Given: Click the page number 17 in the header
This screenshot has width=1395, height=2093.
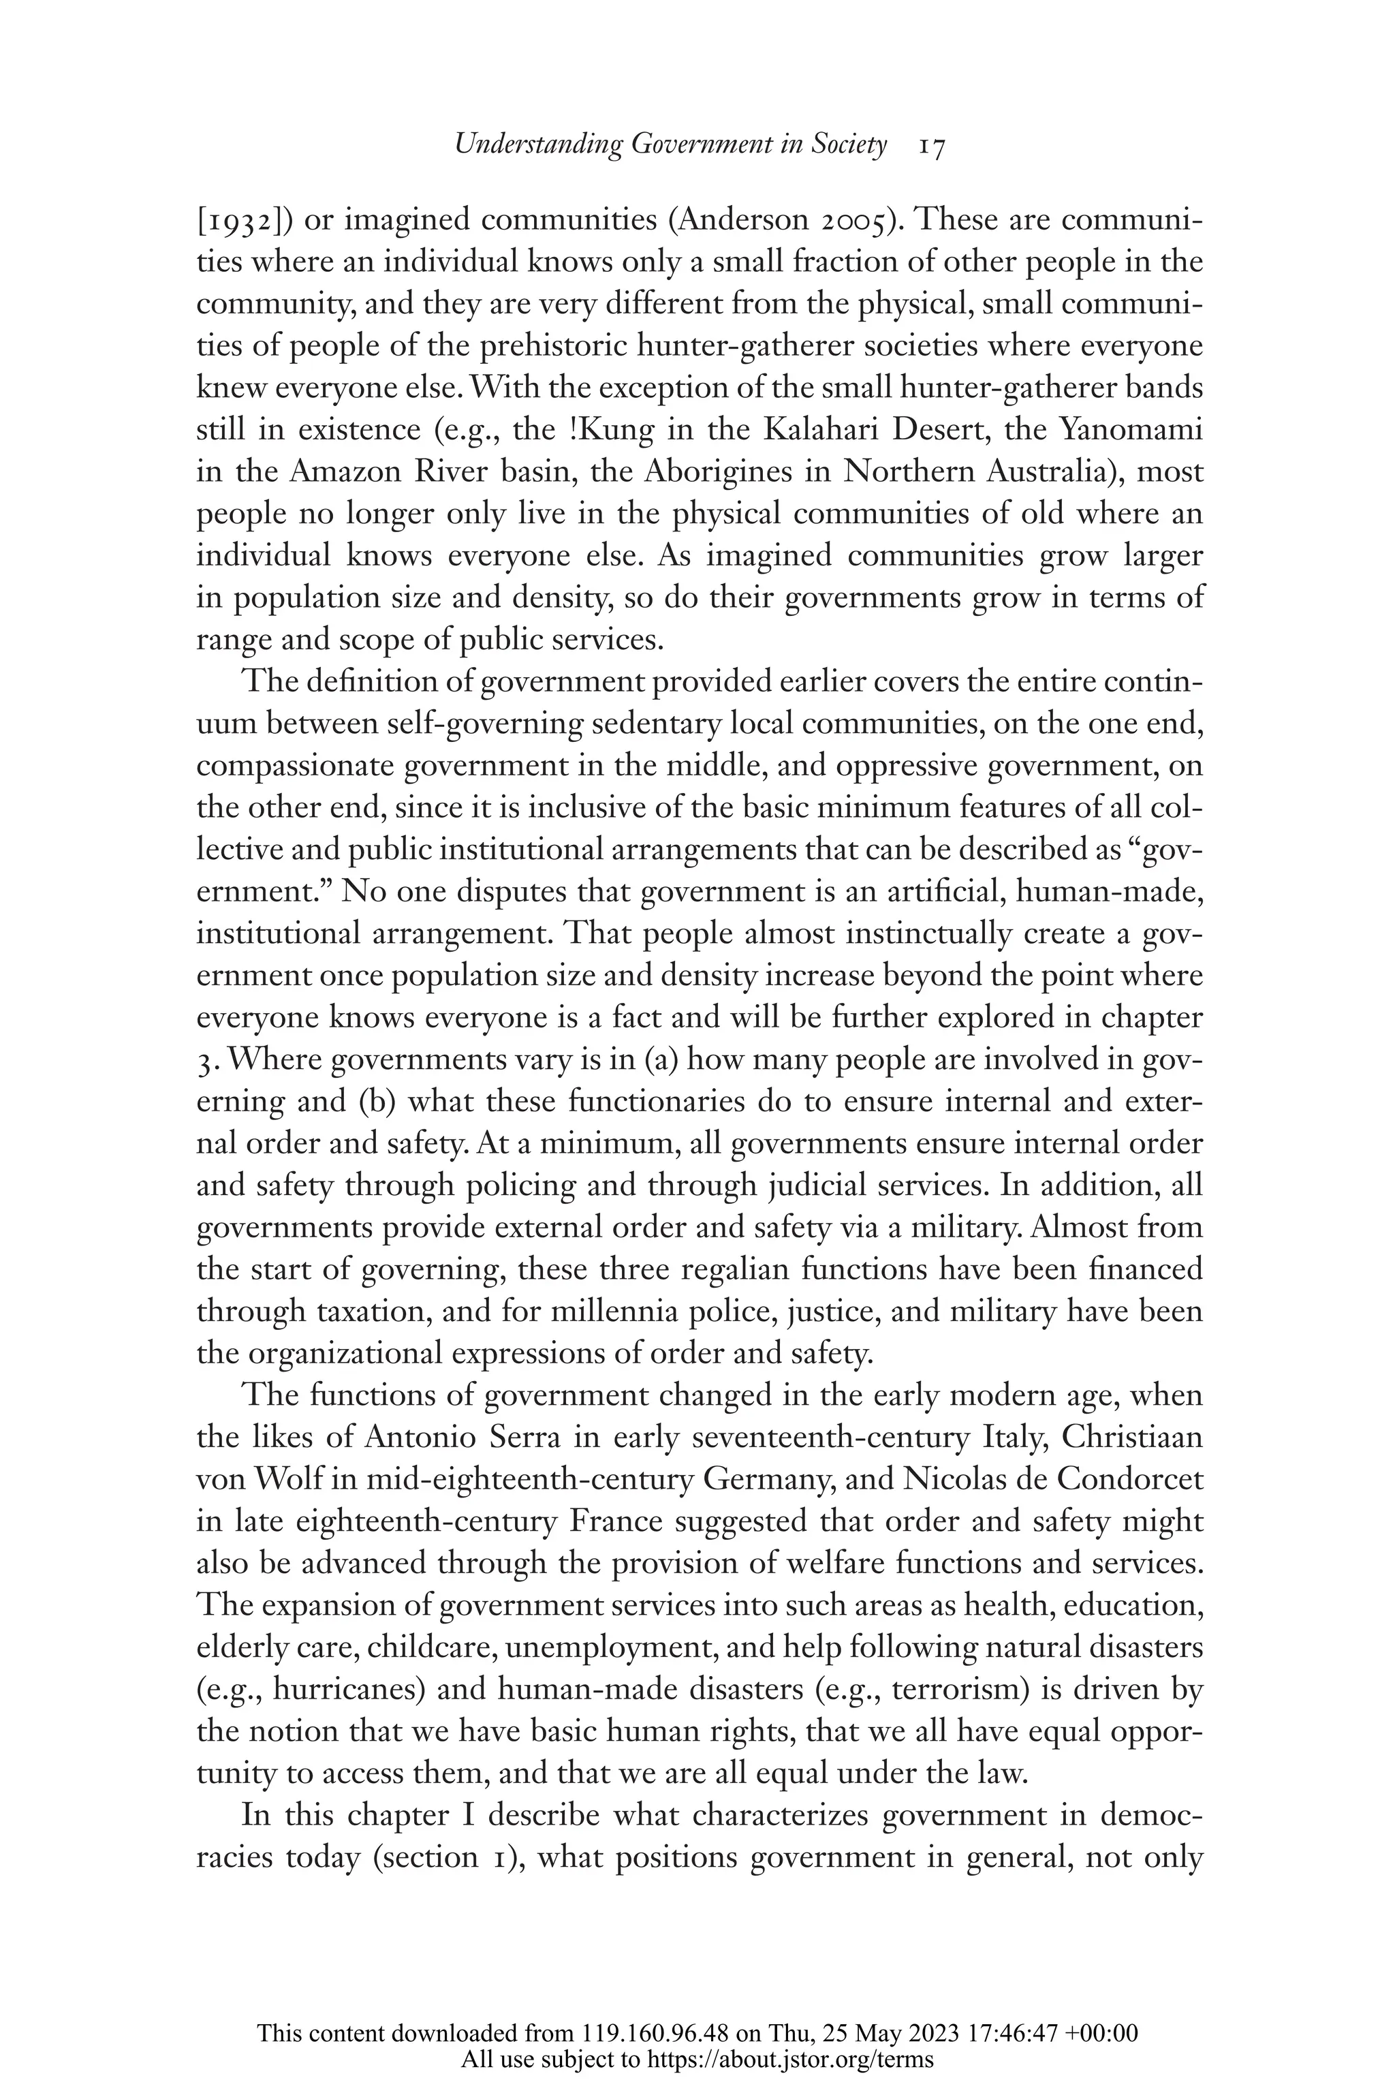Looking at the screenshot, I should (932, 146).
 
